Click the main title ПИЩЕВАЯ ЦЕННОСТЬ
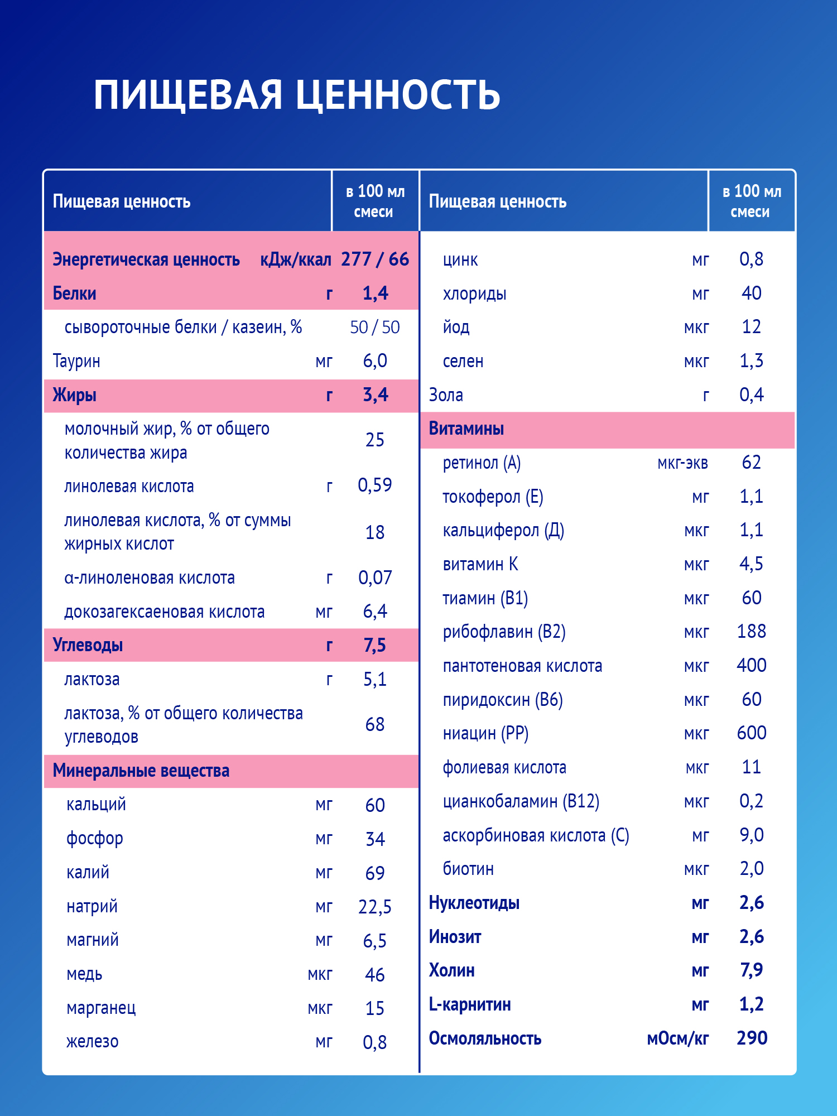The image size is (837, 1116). [296, 95]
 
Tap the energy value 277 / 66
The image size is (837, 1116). [375, 259]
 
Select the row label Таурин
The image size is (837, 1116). [76, 361]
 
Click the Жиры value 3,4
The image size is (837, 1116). [375, 395]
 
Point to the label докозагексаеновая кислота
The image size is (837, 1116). [164, 612]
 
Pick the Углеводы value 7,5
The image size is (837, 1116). [375, 646]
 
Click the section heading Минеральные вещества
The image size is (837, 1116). [141, 771]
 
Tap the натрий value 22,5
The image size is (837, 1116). [375, 907]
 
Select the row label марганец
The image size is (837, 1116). [101, 1008]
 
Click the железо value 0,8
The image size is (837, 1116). [375, 1042]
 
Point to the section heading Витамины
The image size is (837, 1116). [466, 429]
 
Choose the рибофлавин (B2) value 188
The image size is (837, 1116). [751, 632]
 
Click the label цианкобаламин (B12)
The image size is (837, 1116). [521, 801]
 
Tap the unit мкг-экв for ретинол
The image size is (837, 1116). [682, 463]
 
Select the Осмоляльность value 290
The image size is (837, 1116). [752, 1038]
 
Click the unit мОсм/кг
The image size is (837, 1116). [677, 1038]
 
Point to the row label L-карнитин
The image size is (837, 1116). [470, 1004]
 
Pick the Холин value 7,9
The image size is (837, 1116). [751, 970]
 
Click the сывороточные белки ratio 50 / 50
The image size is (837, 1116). [375, 328]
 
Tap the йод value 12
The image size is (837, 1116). [751, 327]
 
